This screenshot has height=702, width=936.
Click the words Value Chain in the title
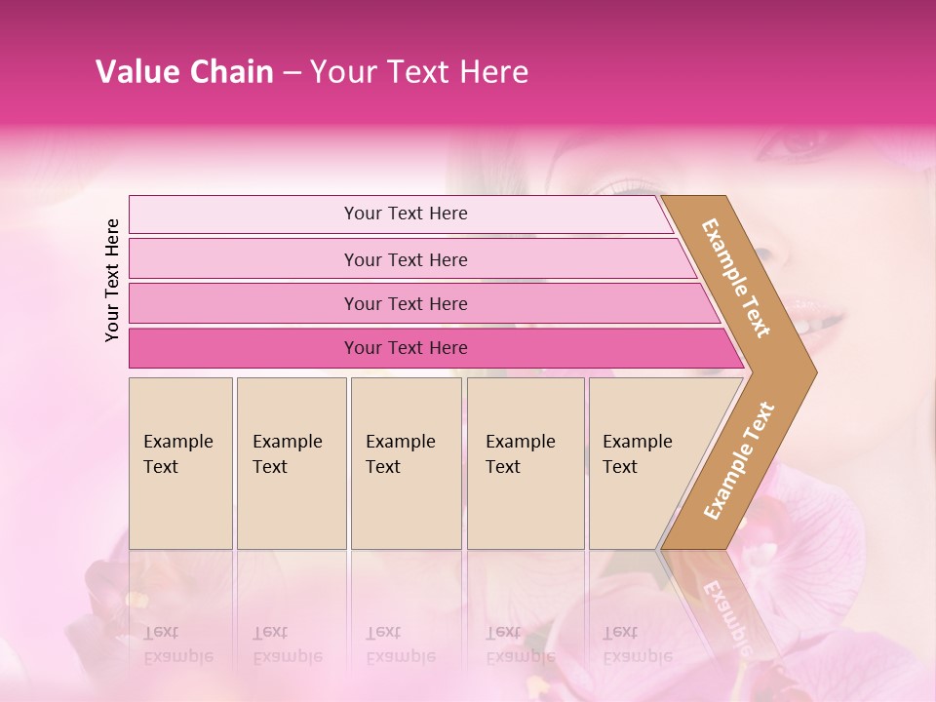click(184, 72)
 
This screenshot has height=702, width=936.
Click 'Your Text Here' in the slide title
click(419, 72)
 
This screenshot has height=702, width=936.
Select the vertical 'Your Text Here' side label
click(112, 280)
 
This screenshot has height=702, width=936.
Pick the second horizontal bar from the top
click(405, 259)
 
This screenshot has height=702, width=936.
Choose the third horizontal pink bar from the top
click(405, 303)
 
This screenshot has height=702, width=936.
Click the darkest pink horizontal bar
click(405, 348)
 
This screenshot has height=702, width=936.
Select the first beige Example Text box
click(180, 462)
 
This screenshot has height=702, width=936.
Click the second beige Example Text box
click(291, 462)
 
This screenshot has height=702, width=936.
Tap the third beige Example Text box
click(406, 462)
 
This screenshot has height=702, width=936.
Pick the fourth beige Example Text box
click(526, 462)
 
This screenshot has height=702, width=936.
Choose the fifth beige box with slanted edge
click(643, 462)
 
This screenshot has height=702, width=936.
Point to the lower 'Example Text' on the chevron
click(739, 461)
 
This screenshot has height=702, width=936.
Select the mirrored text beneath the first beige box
click(177, 644)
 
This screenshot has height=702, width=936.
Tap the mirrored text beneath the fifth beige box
click(637, 644)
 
